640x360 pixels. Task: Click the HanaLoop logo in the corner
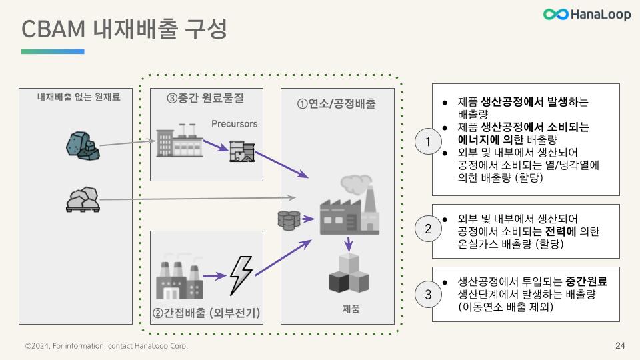(587, 14)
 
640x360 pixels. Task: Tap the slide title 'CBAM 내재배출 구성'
(124, 29)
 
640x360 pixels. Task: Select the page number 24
(620, 346)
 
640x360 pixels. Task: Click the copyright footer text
(107, 346)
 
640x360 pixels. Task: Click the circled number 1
(428, 141)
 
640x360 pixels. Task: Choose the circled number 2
(428, 229)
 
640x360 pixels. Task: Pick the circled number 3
(428, 294)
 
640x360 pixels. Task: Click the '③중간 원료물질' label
(205, 98)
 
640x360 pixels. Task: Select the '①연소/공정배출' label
(336, 104)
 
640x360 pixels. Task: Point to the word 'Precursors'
(234, 124)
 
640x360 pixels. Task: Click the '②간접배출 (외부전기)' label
(206, 313)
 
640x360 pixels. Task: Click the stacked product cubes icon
(348, 273)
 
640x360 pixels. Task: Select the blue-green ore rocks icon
(83, 144)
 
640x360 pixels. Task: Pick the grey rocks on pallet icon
(83, 199)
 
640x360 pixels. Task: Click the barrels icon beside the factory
(289, 219)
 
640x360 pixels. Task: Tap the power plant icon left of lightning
(179, 276)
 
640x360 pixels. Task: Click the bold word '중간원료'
(587, 282)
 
